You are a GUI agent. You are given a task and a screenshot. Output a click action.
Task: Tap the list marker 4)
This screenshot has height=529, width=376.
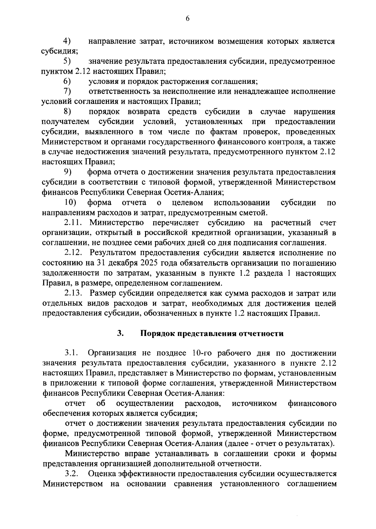coord(67,41)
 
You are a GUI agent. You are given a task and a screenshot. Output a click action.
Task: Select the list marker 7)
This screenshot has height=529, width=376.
coord(67,91)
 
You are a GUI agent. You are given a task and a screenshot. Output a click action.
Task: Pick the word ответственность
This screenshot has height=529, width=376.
coord(118,91)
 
